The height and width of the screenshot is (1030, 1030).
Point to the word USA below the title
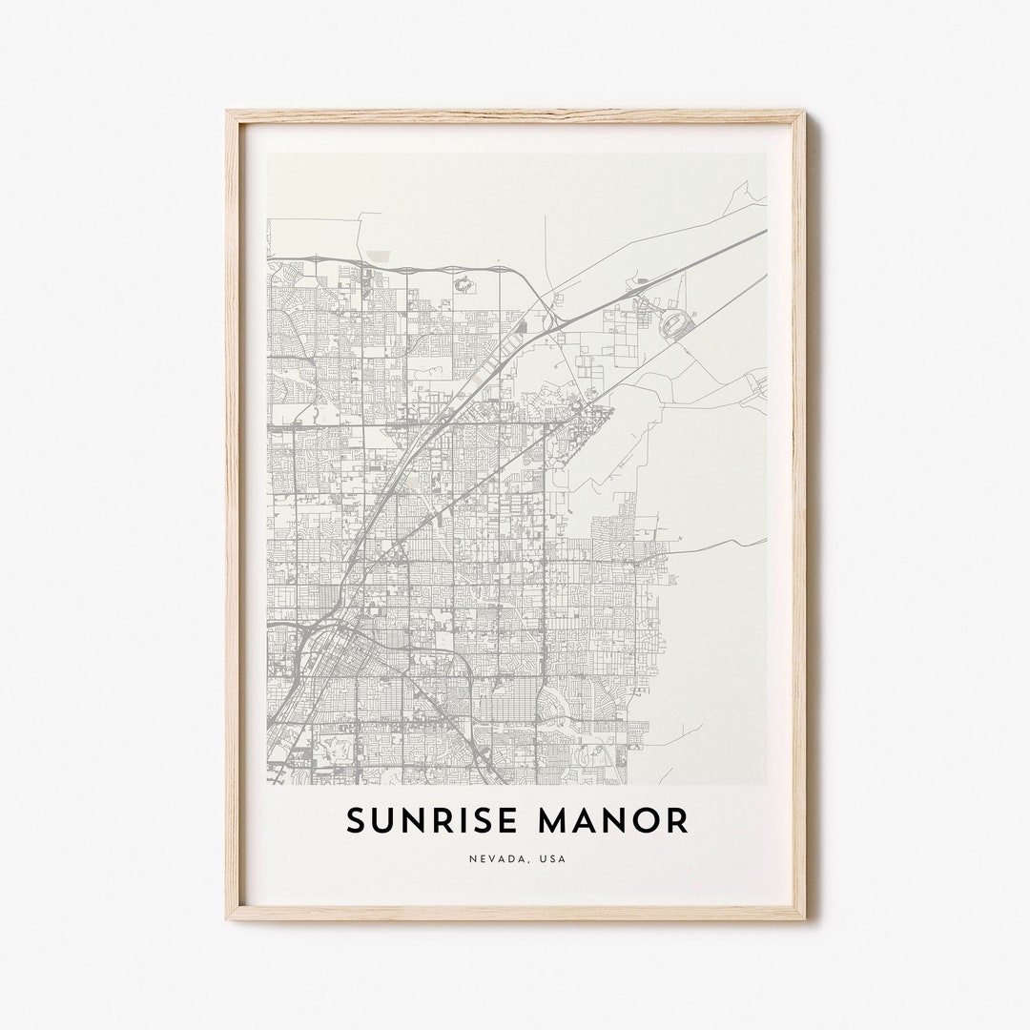tap(552, 858)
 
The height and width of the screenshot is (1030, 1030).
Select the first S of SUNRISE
tap(356, 821)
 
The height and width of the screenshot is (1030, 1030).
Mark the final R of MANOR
tap(677, 821)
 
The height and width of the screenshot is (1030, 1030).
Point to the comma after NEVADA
tap(529, 861)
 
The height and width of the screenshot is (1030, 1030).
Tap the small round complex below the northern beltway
tap(464, 283)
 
